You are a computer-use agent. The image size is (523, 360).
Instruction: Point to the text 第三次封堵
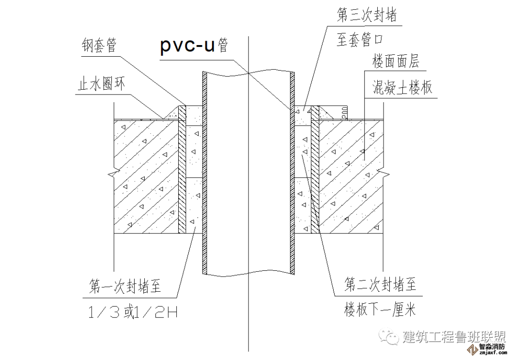click(367, 16)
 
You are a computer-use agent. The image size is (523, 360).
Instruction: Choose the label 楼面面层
click(395, 62)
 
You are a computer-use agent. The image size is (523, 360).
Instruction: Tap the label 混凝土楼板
click(402, 88)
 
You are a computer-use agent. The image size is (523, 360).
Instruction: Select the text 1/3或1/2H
click(132, 313)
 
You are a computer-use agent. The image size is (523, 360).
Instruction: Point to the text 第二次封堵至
click(380, 284)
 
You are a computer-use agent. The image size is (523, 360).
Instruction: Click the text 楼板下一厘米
click(380, 309)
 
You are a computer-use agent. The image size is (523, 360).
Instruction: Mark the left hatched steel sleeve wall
click(182, 170)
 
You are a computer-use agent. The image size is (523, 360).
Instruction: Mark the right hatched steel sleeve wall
click(314, 170)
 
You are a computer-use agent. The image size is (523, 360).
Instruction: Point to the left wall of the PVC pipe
click(204, 174)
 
